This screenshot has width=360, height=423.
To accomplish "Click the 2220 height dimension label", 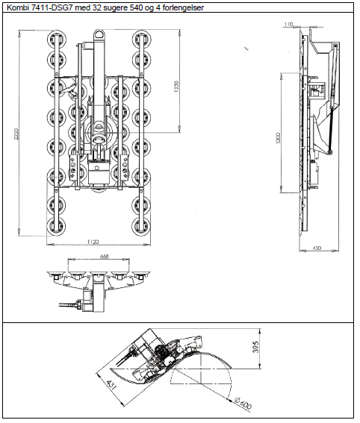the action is point(16,134).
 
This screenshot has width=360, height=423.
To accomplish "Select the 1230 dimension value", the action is point(176,87).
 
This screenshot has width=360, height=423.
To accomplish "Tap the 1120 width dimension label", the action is point(93,242).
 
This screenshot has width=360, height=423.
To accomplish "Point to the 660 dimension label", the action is point(104,257).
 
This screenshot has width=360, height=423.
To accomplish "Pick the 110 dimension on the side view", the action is point(288,25).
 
